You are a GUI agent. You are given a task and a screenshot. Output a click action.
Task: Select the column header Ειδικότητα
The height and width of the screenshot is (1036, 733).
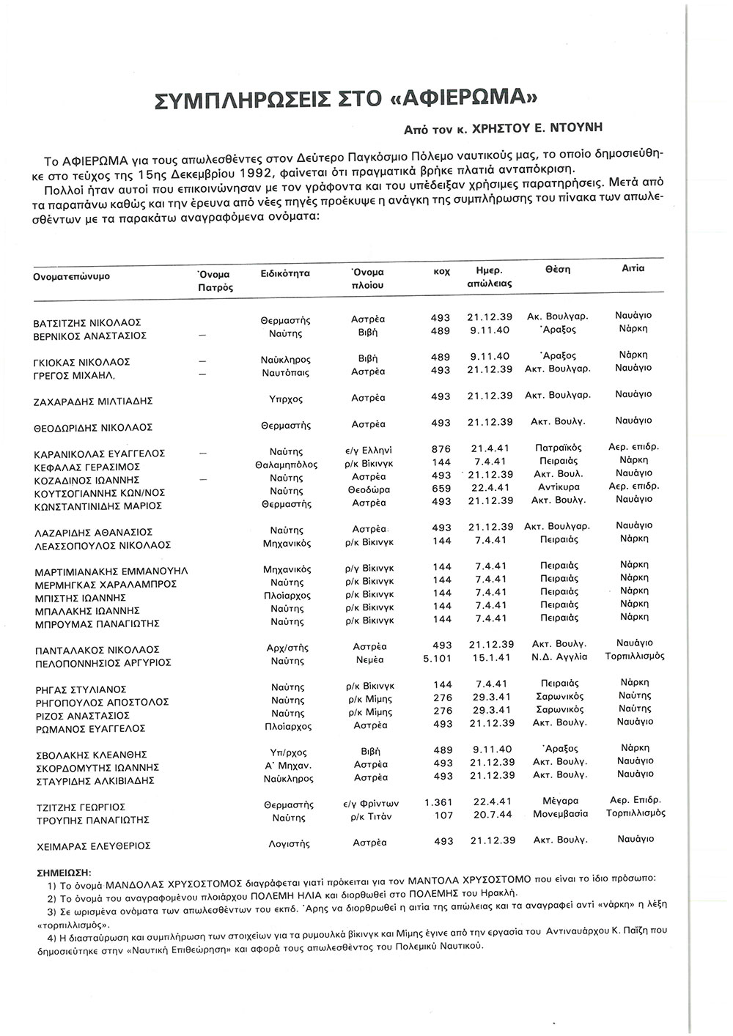285,273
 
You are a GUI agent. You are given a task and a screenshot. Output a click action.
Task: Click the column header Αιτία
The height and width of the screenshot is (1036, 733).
633,268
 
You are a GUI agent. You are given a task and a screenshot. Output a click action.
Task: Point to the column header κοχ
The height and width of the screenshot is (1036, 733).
441,271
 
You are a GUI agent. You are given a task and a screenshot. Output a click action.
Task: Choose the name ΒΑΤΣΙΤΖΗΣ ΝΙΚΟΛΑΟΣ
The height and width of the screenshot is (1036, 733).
87,322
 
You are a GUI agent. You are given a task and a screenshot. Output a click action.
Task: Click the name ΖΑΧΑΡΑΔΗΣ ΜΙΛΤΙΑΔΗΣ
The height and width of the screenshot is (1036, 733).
92,402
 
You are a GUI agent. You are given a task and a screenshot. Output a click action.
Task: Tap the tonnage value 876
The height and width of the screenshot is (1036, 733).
441,448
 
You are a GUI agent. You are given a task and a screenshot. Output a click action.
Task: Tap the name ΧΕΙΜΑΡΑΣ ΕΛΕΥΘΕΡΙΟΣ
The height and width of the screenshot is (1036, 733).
93,846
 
